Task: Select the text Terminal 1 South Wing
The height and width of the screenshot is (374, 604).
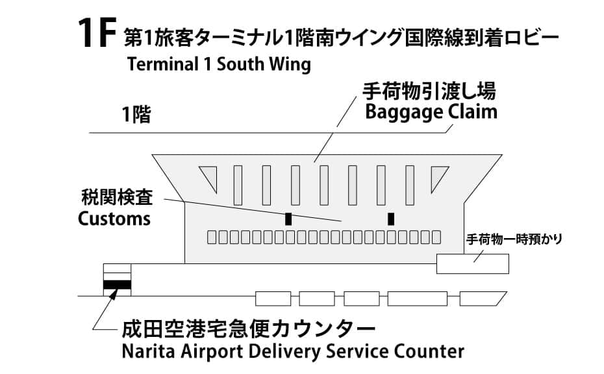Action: [x=220, y=66]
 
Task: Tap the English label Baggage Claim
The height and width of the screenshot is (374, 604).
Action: [x=431, y=112]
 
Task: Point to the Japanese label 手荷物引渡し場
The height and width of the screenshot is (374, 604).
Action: [x=431, y=90]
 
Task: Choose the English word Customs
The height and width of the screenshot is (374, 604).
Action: [x=114, y=218]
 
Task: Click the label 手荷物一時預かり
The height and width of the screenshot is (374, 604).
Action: [x=513, y=239]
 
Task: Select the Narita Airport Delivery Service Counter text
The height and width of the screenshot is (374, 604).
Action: [x=293, y=351]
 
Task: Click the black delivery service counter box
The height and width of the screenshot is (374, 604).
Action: [x=117, y=284]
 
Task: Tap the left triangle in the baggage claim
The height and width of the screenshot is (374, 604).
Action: [x=209, y=178]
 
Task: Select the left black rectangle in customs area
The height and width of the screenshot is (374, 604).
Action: [x=288, y=219]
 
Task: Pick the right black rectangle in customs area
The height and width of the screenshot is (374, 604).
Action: [x=391, y=219]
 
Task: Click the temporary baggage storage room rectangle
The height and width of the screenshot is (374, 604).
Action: [x=472, y=263]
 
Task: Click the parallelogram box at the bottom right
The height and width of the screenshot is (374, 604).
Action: [x=482, y=299]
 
